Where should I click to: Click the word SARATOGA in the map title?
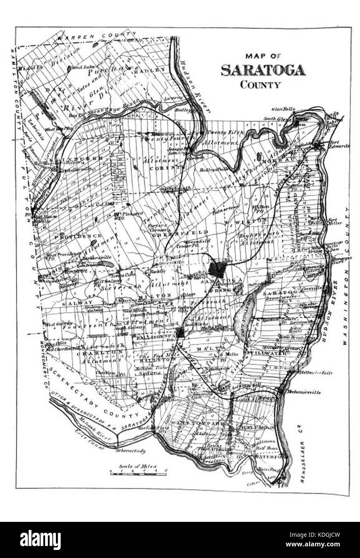[263, 70]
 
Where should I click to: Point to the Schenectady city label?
[130, 450]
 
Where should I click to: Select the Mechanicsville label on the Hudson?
[304, 392]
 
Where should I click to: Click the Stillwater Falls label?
[316, 373]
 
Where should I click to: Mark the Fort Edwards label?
[340, 144]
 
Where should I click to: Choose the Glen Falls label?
[283, 109]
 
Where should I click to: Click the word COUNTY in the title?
[260, 85]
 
